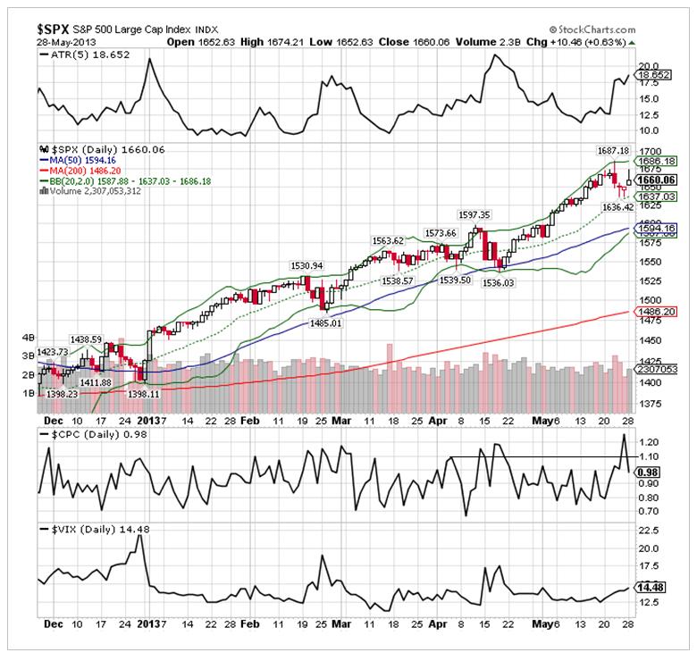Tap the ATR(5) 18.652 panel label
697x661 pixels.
(83, 54)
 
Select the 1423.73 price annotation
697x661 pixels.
(54, 351)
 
